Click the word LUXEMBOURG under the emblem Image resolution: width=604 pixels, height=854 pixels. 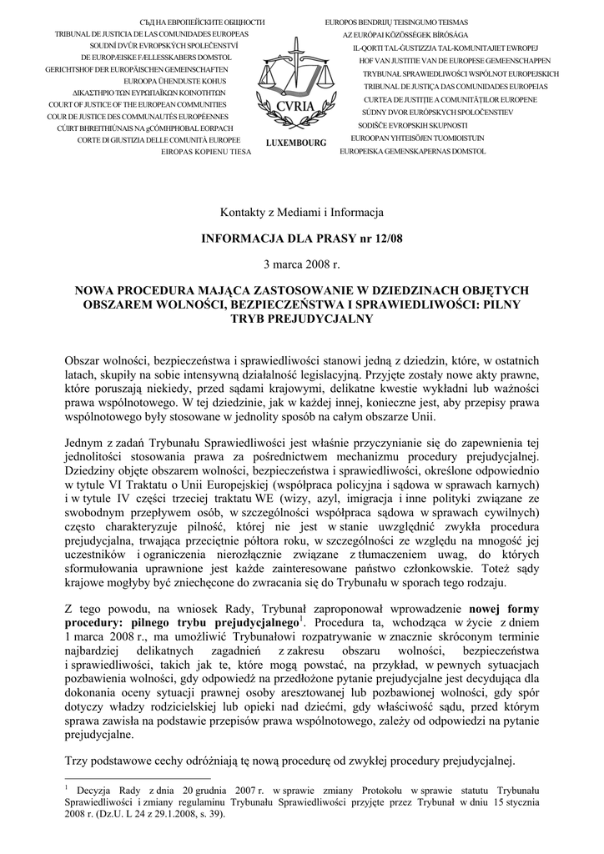[x=296, y=143]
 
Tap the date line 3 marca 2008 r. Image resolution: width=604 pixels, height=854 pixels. [x=301, y=265]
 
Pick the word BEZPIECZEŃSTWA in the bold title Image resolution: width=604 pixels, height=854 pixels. [x=262, y=305]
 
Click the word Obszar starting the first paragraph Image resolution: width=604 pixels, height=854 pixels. [x=83, y=360]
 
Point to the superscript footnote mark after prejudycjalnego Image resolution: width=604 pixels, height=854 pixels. [x=304, y=618]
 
